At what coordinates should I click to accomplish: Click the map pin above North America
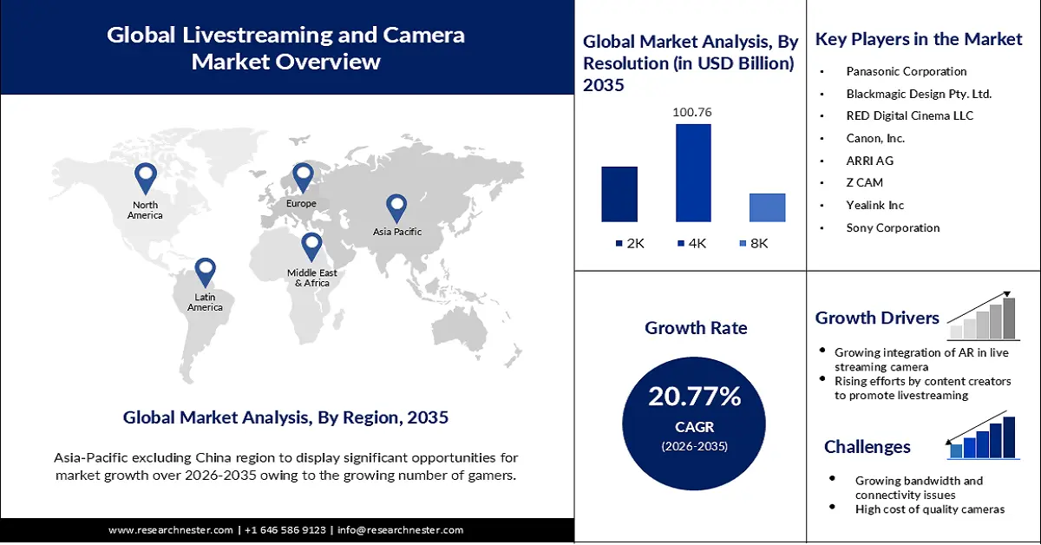point(145,178)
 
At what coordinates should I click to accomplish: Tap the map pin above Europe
point(302,176)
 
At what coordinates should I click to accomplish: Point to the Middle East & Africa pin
point(311,246)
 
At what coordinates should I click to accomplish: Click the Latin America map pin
point(205,272)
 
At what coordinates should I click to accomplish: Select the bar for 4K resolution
point(693,173)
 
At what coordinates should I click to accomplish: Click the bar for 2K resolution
point(619,194)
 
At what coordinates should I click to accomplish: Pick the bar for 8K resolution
point(767,207)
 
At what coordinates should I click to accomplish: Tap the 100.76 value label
point(692,112)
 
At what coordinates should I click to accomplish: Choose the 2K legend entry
point(629,244)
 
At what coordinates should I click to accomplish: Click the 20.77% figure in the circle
point(695,397)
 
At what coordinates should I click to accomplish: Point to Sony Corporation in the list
point(893,228)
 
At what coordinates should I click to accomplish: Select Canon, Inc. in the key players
point(875,138)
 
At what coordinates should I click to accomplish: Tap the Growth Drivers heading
point(877,318)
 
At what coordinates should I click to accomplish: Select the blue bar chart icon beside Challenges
point(983,437)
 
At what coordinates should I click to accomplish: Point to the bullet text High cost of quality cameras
point(930,509)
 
